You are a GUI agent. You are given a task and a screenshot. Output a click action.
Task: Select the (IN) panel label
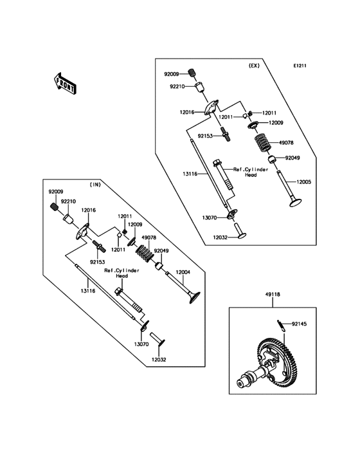(95, 185)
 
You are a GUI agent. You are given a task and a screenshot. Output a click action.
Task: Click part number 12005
(303, 182)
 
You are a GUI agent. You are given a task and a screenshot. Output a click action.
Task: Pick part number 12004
(183, 273)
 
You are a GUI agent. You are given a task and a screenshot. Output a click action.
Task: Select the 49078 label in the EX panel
(287, 143)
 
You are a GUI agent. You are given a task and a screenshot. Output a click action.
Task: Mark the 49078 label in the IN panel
(148, 237)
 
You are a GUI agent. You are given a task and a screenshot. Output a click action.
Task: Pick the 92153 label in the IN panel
(97, 262)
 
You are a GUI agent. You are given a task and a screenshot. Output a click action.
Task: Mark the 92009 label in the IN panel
(56, 191)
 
